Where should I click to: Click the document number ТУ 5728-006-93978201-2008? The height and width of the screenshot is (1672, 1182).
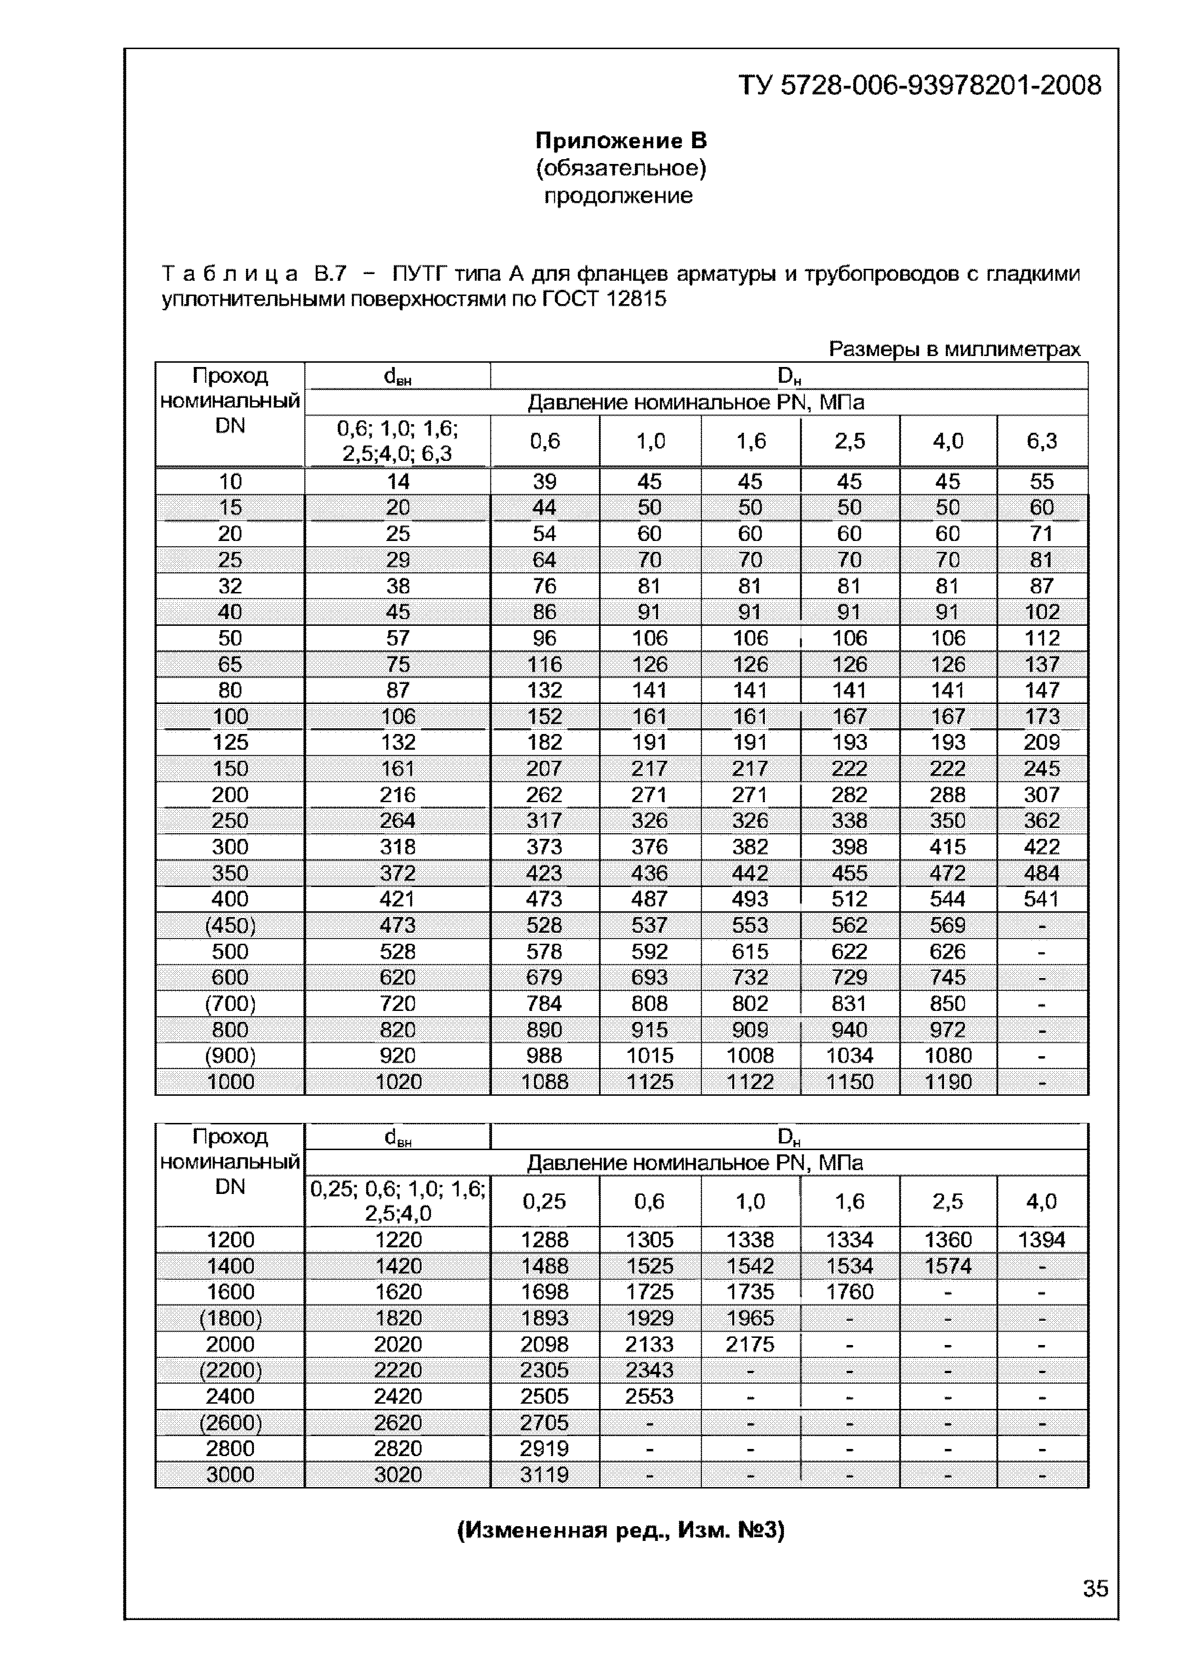(920, 86)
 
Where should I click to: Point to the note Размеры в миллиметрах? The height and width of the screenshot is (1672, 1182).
(954, 349)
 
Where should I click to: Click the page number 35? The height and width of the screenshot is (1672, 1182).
(1095, 1588)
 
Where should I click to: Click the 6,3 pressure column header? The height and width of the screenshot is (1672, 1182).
(1041, 440)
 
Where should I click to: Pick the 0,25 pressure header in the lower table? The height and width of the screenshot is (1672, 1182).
(544, 1201)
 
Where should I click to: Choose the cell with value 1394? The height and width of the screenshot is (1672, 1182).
(1041, 1239)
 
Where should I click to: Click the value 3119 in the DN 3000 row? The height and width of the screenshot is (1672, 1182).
(544, 1475)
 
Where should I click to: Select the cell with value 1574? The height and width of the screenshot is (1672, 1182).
(948, 1265)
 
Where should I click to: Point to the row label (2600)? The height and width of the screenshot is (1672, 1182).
(230, 1422)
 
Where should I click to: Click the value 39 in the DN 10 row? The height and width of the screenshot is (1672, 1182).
(544, 481)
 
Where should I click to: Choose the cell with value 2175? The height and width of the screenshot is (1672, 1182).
(750, 1344)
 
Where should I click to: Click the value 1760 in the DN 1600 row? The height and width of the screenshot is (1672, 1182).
(849, 1292)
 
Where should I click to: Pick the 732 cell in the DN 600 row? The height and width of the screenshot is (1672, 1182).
(750, 977)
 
